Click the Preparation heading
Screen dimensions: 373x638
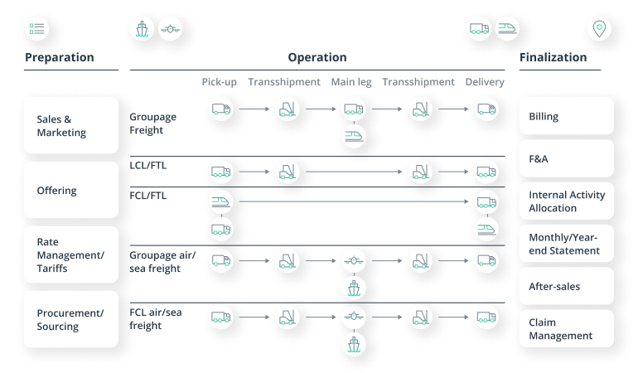pyautogui.click(x=60, y=57)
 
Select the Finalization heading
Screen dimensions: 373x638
pyautogui.click(x=553, y=57)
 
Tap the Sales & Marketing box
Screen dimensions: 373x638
pyautogui.click(x=71, y=126)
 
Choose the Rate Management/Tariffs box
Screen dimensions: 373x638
pyautogui.click(x=71, y=255)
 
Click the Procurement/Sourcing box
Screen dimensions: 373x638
pyautogui.click(x=71, y=319)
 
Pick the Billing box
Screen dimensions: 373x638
pyautogui.click(x=567, y=116)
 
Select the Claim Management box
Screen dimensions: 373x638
pyautogui.click(x=567, y=328)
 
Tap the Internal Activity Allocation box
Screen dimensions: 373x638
pyautogui.click(x=567, y=201)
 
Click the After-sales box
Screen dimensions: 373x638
pyautogui.click(x=567, y=286)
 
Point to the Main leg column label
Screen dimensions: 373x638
pyautogui.click(x=351, y=82)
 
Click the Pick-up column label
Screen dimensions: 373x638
pyautogui.click(x=220, y=82)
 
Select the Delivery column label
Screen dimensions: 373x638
pyautogui.click(x=485, y=82)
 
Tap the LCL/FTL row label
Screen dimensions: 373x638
pyautogui.click(x=148, y=165)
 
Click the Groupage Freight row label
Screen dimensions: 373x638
pyautogui.click(x=152, y=124)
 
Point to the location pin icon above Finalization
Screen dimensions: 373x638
pyautogui.click(x=598, y=29)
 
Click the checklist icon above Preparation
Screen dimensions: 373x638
pyautogui.click(x=36, y=29)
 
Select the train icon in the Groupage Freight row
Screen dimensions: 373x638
pyautogui.click(x=354, y=135)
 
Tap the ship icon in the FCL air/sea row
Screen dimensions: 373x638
pyautogui.click(x=354, y=343)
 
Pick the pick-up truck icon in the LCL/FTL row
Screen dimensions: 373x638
pyautogui.click(x=220, y=172)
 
